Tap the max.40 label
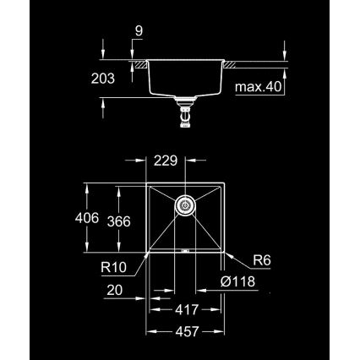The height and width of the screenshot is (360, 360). (x=259, y=86)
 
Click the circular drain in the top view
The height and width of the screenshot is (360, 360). (x=185, y=205)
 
